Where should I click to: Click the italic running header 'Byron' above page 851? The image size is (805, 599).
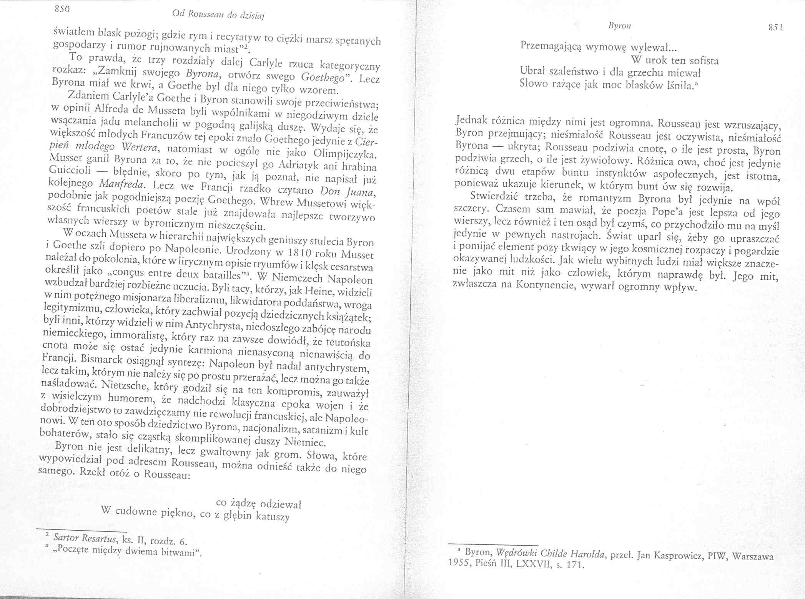(620, 25)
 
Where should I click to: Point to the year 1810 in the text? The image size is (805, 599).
(302, 253)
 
